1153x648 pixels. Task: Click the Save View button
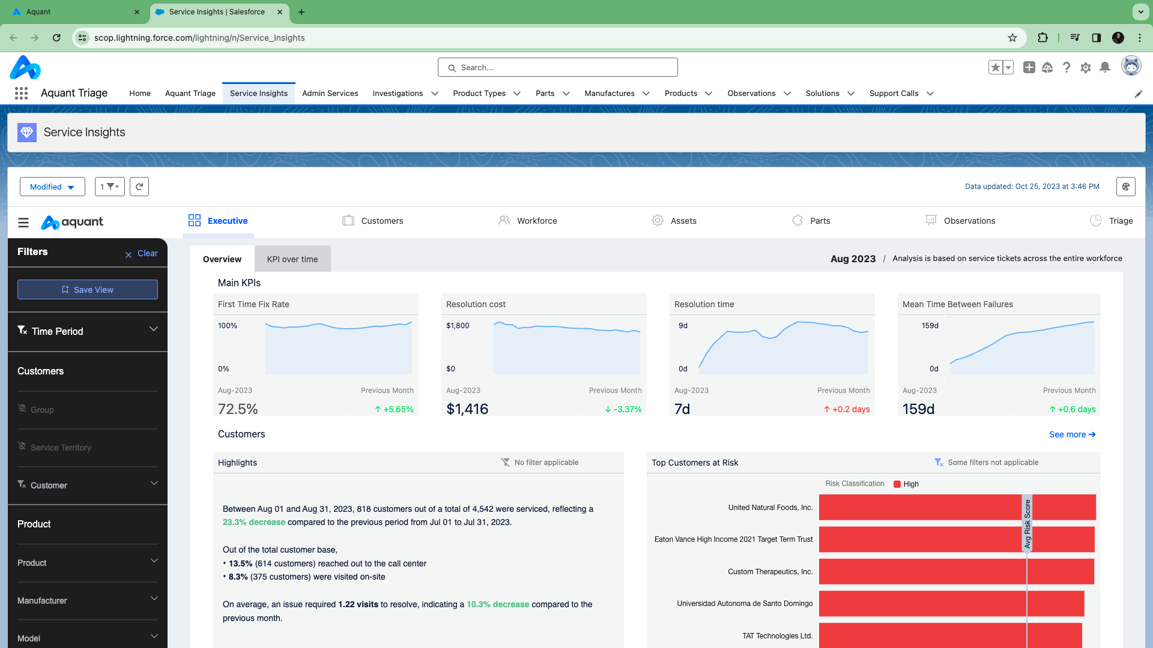point(88,290)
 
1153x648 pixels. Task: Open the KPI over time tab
point(292,259)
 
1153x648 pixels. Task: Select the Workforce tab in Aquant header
point(528,221)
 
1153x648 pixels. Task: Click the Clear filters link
point(142,254)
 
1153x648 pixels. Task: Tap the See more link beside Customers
point(1072,434)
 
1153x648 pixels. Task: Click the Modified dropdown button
point(52,187)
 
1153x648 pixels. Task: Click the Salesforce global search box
point(558,68)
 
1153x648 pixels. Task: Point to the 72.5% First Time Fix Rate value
point(238,409)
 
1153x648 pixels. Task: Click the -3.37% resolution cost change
point(623,409)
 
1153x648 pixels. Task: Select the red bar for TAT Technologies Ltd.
point(950,635)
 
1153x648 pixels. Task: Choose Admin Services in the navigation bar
point(330,94)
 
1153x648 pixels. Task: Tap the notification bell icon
point(1104,68)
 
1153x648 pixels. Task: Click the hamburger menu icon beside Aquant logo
point(23,223)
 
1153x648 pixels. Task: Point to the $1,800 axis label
point(458,326)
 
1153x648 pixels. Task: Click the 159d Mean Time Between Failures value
point(918,409)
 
